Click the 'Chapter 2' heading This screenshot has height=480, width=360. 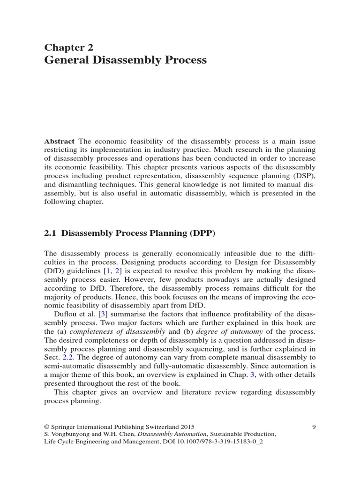pos(68,47)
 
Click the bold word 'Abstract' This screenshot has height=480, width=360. pos(60,141)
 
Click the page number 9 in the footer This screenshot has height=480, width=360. pos(314,427)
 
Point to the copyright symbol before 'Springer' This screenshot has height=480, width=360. pos(47,427)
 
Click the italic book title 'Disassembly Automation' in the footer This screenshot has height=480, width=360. pos(178,434)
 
